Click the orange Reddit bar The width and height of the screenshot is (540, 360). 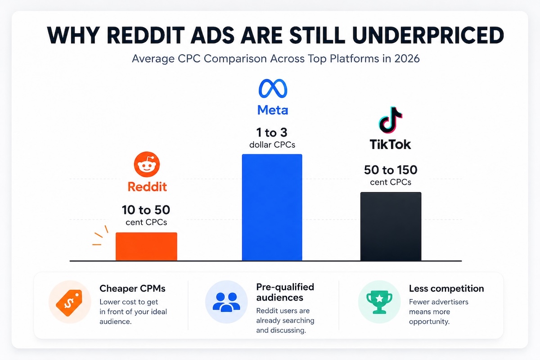(146, 247)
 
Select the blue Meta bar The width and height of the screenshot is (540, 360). (272, 207)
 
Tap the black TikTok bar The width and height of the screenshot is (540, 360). (391, 226)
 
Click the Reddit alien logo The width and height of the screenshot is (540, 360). (147, 164)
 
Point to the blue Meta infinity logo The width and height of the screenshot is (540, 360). (273, 89)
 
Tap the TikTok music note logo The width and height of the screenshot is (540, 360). (390, 120)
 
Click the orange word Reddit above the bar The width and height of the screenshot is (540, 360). (147, 187)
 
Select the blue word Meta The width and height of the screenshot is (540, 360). (273, 110)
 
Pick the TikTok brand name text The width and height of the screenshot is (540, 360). (390, 144)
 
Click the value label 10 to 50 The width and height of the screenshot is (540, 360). (146, 210)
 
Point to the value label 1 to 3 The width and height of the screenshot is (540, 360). (272, 132)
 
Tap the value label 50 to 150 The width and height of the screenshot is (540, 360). (391, 170)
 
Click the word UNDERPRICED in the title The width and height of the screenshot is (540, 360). (428, 35)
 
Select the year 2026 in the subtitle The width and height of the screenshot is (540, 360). (407, 58)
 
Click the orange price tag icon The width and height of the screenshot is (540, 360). (69, 302)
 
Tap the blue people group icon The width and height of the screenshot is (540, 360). (226, 302)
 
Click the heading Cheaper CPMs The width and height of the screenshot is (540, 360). (132, 288)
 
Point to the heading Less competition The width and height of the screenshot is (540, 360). (446, 288)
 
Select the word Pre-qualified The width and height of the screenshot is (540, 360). (285, 287)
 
